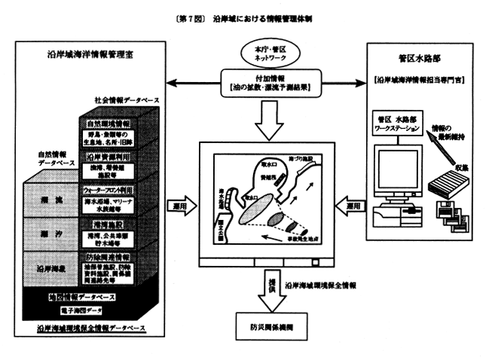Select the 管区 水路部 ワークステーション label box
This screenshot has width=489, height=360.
pyautogui.click(x=401, y=122)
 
